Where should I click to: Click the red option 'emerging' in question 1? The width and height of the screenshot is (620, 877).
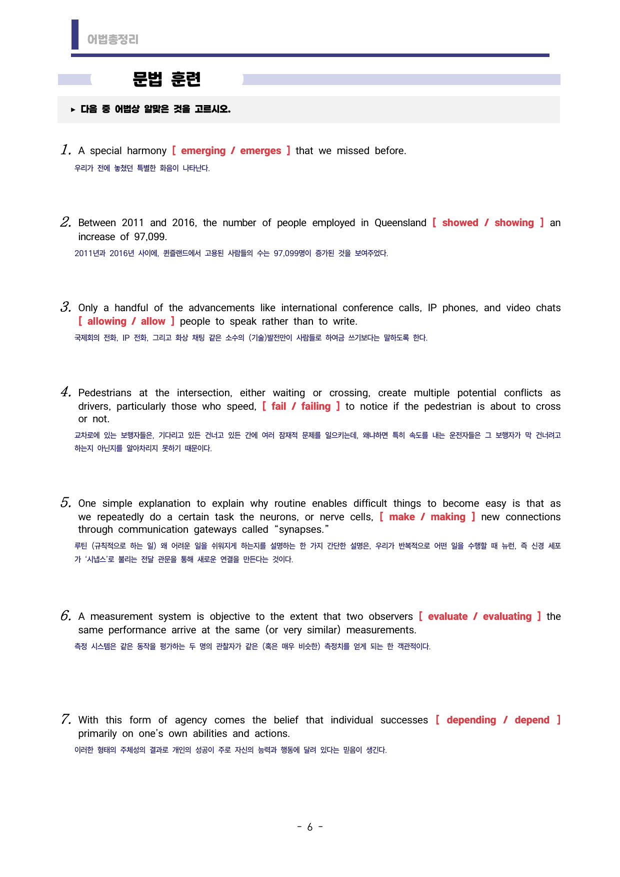[x=203, y=151]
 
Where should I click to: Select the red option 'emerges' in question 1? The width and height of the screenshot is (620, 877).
[x=260, y=151]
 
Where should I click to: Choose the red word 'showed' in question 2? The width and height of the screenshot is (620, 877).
[x=460, y=223]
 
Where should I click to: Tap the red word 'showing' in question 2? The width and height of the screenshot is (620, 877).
[x=514, y=223]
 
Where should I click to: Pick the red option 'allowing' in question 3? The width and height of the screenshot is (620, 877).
[x=107, y=321]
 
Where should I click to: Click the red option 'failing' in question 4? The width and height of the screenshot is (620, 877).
[x=315, y=406]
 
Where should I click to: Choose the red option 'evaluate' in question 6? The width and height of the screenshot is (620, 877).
[x=447, y=616]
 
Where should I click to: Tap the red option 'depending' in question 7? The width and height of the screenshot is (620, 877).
[x=471, y=720]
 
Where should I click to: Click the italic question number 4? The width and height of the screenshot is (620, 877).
[x=65, y=392]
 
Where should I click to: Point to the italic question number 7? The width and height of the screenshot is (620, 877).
[x=65, y=719]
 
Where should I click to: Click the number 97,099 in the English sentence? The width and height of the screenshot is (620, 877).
[x=150, y=237]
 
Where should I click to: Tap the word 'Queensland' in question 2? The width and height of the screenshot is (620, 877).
[x=400, y=223]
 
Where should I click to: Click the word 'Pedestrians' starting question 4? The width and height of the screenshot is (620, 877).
[x=105, y=393]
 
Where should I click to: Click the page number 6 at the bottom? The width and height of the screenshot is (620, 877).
[x=310, y=827]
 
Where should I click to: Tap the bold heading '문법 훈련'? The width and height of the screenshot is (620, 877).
[x=166, y=79]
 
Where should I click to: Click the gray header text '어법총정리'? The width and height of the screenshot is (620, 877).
[x=112, y=40]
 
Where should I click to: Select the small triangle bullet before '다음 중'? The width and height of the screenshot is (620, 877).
[x=73, y=110]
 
